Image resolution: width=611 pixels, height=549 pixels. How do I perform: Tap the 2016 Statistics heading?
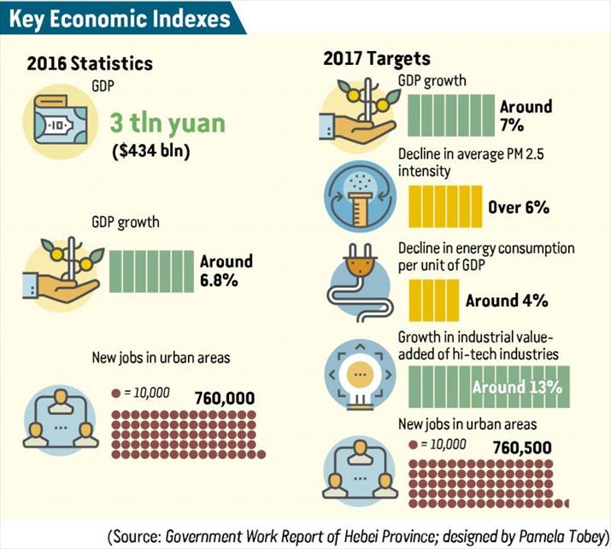coord(90,63)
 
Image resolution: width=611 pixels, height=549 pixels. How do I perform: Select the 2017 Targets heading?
coord(377,59)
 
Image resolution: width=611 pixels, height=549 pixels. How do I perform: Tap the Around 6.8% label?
coord(226,270)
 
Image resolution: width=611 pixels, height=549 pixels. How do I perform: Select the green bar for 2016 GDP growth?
coord(151,270)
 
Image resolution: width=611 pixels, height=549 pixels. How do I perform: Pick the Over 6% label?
coord(519,207)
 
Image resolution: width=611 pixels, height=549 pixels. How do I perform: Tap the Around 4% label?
coord(507,301)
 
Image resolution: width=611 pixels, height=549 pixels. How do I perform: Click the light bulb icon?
coord(359,375)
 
